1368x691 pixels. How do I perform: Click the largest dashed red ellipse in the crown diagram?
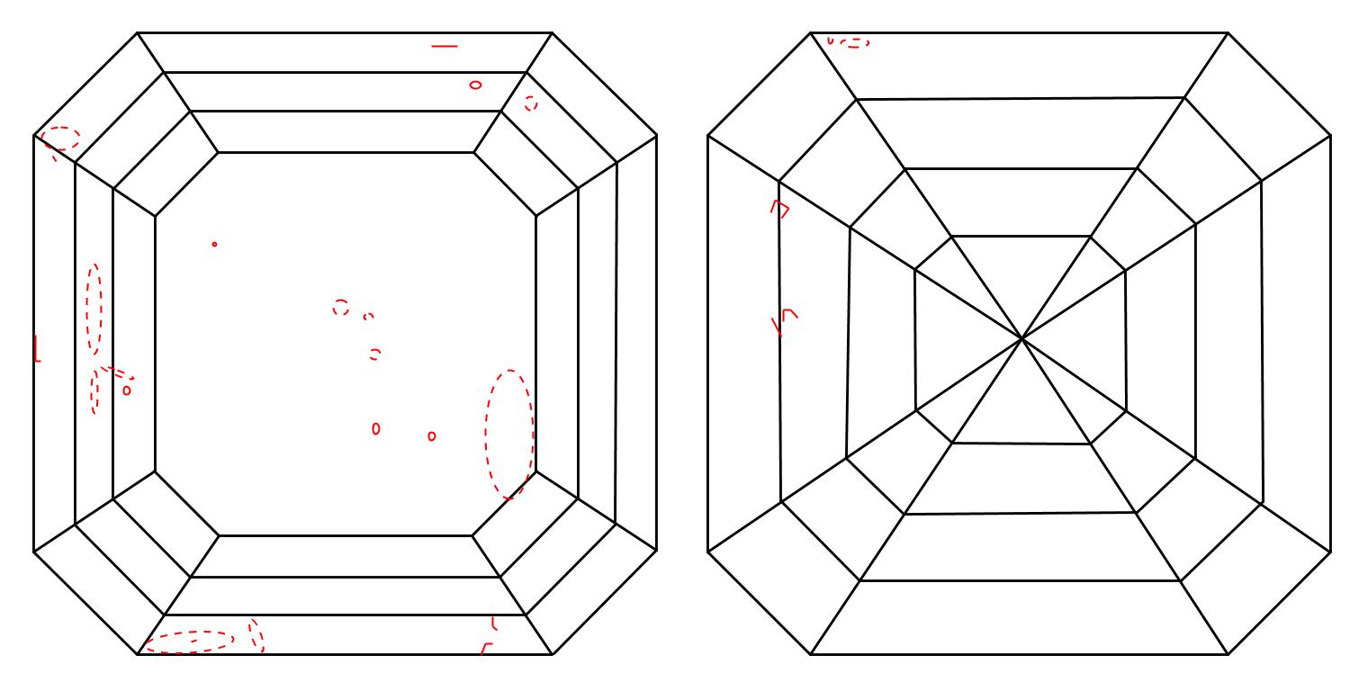click(x=508, y=434)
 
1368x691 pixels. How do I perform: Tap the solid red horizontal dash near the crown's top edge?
click(x=444, y=45)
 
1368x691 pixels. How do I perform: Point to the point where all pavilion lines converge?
click(x=1021, y=338)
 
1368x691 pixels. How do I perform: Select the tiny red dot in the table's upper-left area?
click(x=214, y=244)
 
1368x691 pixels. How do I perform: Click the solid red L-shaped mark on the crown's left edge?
click(x=37, y=349)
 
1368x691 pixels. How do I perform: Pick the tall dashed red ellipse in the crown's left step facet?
click(x=94, y=309)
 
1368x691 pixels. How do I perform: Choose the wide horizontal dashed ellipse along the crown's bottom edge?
click(x=190, y=641)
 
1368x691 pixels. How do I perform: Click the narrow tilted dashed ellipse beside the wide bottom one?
click(x=256, y=634)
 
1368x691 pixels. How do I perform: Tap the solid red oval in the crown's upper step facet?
click(x=475, y=85)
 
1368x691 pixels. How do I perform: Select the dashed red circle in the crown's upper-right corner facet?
click(x=531, y=103)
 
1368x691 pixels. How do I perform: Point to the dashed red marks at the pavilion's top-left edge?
click(x=850, y=41)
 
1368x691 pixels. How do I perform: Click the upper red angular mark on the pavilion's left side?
click(x=779, y=209)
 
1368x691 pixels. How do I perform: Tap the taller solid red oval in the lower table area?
click(x=375, y=428)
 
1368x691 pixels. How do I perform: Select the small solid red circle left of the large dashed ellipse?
click(x=432, y=436)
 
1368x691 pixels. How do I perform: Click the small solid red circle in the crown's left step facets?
click(x=127, y=390)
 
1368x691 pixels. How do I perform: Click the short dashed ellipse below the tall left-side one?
click(x=95, y=390)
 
